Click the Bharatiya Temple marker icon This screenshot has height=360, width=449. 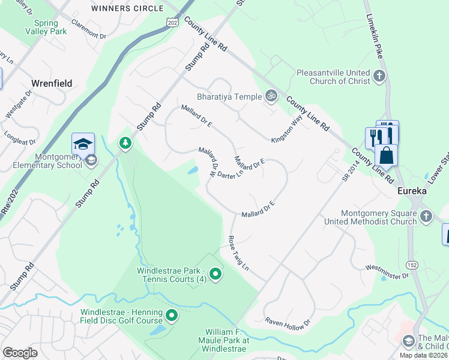coord(271,96)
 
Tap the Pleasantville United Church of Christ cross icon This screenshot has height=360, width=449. coord(379,76)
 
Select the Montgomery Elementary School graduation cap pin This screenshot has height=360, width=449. coord(83,145)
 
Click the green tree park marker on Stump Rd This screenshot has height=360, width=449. coord(125,143)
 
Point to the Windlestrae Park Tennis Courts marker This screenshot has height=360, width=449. coord(216,275)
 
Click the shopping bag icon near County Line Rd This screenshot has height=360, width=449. coord(386,155)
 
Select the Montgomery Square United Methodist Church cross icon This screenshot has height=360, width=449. coord(426,216)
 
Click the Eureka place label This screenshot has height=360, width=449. coord(412,190)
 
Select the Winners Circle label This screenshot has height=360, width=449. coord(127,8)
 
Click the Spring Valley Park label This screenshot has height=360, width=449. coord(46,28)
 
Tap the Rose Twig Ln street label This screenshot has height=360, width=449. coord(239,253)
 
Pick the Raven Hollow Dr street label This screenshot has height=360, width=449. coord(288,322)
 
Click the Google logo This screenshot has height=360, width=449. coord(20,353)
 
